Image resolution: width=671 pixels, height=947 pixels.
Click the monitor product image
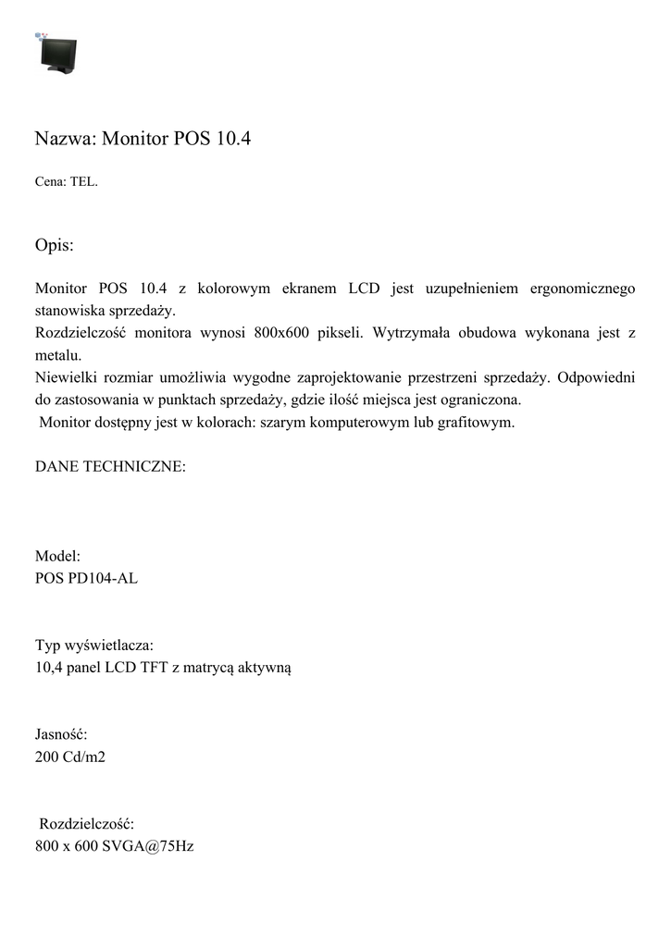(57, 53)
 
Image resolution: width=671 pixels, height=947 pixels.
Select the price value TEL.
(83, 182)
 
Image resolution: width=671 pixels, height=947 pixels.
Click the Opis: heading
(55, 246)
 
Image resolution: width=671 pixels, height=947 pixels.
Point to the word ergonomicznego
(582, 289)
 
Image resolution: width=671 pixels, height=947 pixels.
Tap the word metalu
(59, 355)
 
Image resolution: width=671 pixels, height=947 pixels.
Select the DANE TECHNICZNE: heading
(110, 467)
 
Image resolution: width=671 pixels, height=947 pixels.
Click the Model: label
(57, 557)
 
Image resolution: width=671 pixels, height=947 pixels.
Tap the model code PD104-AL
(104, 579)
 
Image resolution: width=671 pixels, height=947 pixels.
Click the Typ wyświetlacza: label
(94, 645)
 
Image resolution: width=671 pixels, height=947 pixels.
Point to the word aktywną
(266, 667)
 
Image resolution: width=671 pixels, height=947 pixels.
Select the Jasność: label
(61, 733)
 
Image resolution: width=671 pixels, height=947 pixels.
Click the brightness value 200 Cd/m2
(70, 756)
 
